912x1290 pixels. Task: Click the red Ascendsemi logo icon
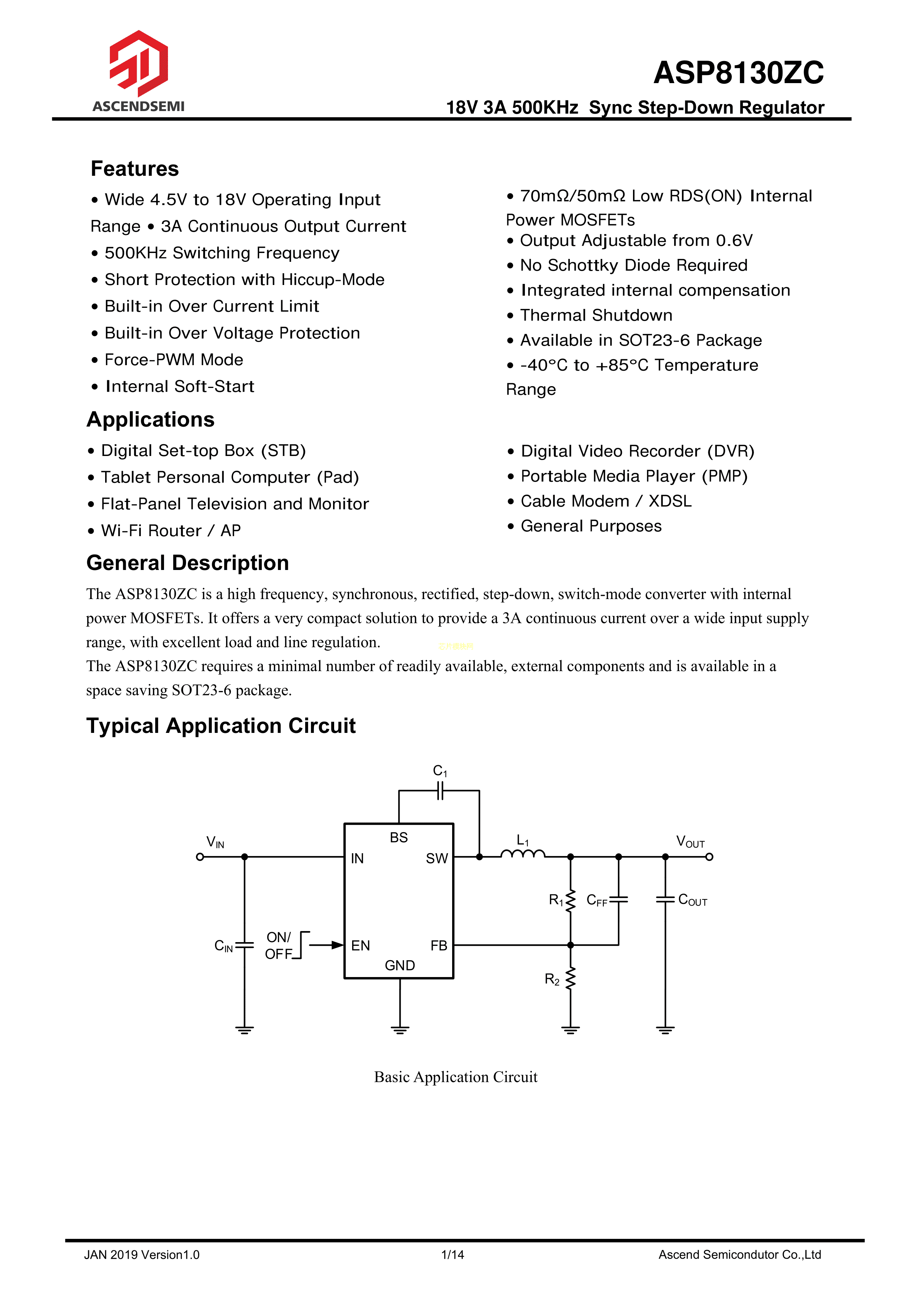pos(138,63)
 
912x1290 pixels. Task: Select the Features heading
pos(135,168)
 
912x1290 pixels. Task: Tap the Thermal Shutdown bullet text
pos(596,315)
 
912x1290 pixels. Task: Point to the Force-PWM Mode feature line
pos(174,360)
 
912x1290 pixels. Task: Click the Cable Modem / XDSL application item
pos(606,501)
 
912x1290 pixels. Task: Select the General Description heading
pos(187,563)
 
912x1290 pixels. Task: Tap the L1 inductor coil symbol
pos(522,855)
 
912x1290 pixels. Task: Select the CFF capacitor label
pos(596,901)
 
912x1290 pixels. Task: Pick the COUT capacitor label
pos(693,900)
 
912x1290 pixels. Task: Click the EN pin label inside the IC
pos(361,945)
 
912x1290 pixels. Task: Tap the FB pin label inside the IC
pos(439,945)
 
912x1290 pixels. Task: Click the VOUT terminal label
pos(690,842)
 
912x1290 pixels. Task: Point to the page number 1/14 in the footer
pos(453,1255)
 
